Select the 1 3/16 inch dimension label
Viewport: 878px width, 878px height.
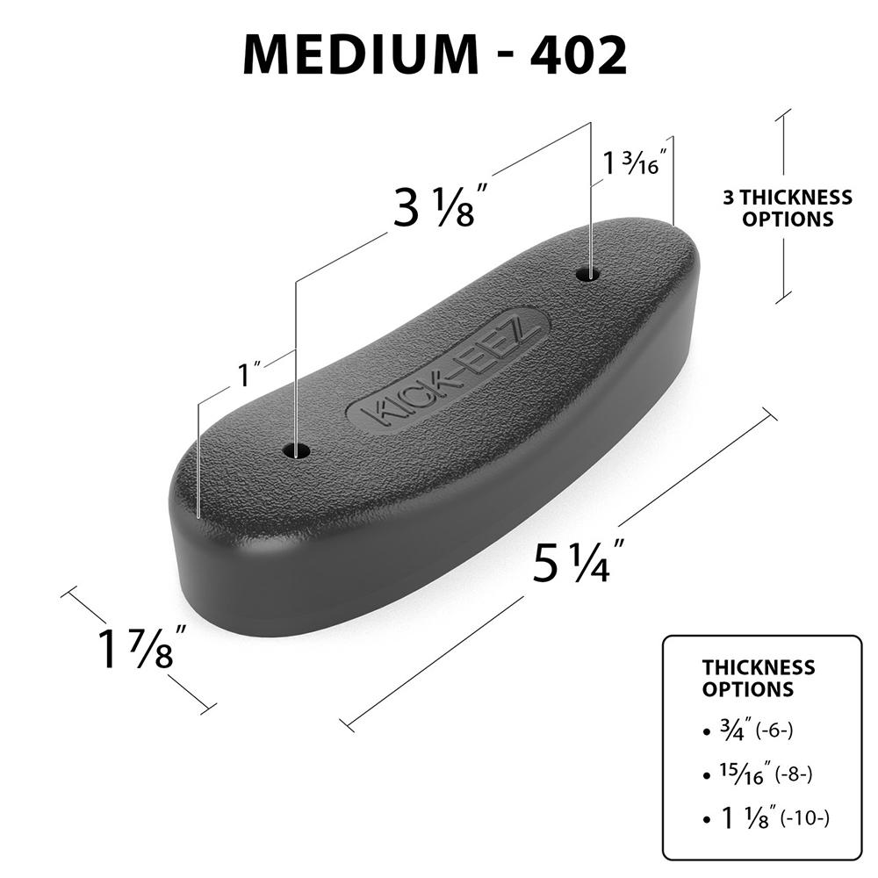point(635,162)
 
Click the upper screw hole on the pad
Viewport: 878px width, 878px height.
point(588,274)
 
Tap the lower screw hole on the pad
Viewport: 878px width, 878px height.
point(297,451)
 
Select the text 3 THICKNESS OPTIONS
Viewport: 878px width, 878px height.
point(788,208)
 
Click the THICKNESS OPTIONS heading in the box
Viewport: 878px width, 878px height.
point(758,678)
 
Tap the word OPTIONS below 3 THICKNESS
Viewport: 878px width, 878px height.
point(788,219)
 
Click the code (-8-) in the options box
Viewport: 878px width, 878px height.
point(794,775)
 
